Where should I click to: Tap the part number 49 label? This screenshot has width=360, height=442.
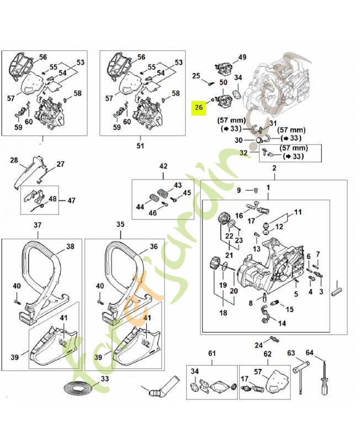(x=242, y=57)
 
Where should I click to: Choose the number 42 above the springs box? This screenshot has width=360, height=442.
(x=163, y=166)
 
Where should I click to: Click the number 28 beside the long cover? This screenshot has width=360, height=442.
(x=15, y=161)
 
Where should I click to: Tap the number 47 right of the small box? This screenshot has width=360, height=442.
(x=72, y=201)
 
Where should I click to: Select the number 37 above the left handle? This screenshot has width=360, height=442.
(x=38, y=225)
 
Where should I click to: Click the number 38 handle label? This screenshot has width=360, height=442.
(x=70, y=247)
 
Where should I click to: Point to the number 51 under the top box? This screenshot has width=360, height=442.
(x=140, y=146)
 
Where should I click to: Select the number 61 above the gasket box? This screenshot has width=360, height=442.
(x=211, y=353)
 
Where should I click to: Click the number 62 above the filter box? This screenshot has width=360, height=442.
(x=267, y=353)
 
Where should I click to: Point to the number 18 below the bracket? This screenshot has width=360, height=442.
(x=223, y=313)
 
